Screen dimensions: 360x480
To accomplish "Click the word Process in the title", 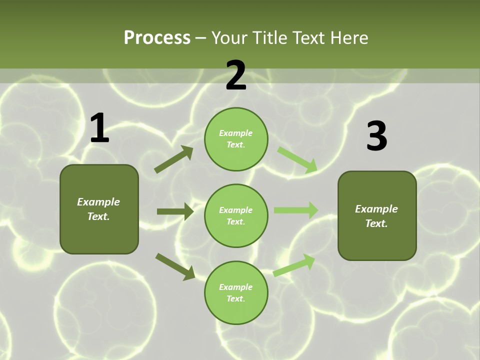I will (x=157, y=37).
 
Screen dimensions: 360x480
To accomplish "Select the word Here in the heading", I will (x=348, y=37).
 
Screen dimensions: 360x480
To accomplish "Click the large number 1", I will (x=99, y=128).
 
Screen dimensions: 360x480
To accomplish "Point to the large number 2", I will (x=236, y=75).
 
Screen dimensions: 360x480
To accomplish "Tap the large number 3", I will (x=376, y=136).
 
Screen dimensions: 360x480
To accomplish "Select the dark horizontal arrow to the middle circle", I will (x=175, y=211).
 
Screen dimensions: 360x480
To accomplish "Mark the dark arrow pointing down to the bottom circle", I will (x=175, y=266).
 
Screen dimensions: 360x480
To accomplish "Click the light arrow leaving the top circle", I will (x=297, y=159).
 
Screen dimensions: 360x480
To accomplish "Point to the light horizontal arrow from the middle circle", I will (x=296, y=210).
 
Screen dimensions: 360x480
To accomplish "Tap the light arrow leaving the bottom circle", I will (x=294, y=265).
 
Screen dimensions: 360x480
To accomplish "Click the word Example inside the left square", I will (x=98, y=202).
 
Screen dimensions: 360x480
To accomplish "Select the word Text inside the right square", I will (x=376, y=223).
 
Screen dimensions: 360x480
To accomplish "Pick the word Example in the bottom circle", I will (x=236, y=287).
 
